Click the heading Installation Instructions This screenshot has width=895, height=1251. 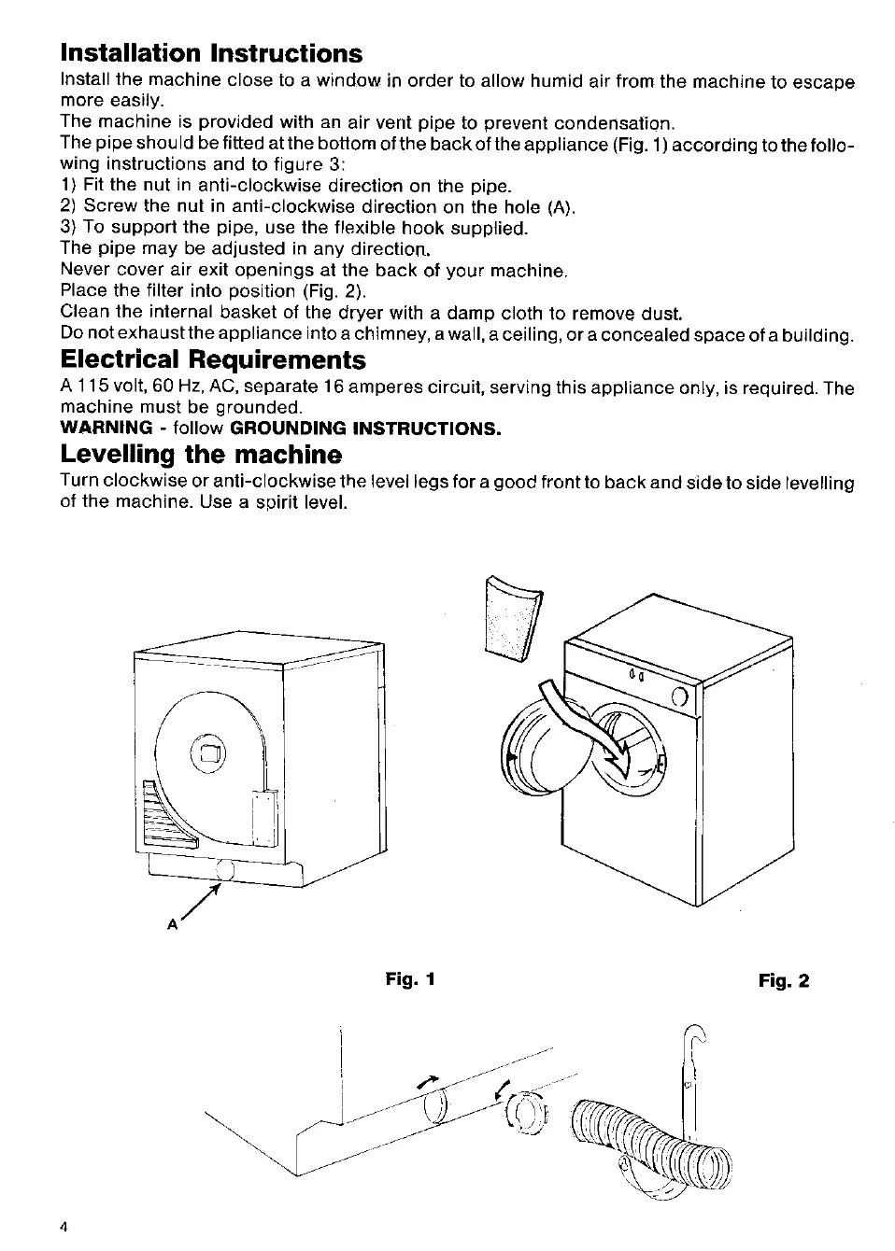[211, 52]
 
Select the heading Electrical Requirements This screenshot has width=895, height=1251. [213, 359]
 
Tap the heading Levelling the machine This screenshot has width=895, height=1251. [201, 455]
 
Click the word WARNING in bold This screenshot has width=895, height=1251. [106, 429]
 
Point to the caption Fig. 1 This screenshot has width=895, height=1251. [411, 979]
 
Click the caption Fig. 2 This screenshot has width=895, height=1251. [784, 981]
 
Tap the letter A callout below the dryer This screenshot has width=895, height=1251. [172, 923]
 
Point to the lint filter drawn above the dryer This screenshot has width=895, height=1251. [512, 617]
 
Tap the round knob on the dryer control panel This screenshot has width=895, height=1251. [680, 696]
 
